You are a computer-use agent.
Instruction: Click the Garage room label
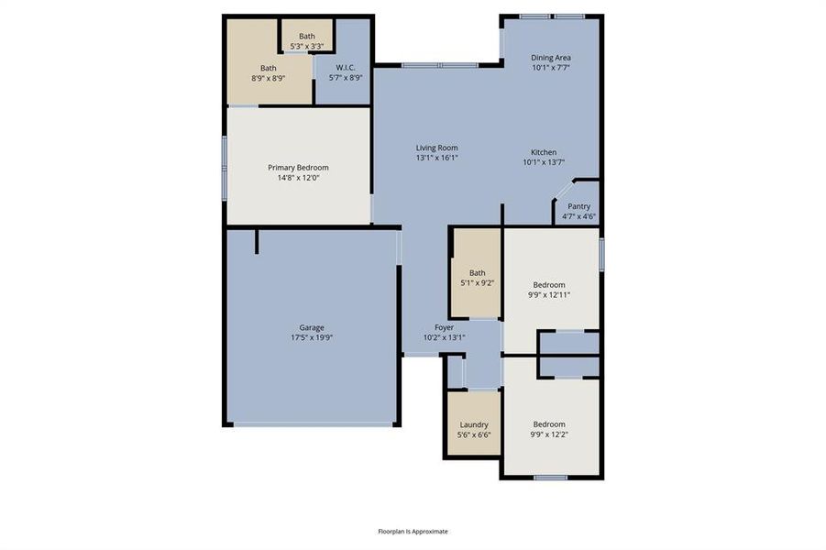coord(312,327)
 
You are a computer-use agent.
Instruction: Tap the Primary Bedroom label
coord(298,168)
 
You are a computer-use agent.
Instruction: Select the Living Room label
coord(436,148)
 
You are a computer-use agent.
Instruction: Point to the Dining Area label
coord(551,58)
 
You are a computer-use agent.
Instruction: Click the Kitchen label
coord(544,152)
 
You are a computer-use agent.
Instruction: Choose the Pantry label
coord(578,206)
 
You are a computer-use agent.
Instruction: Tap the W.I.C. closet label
coord(346,67)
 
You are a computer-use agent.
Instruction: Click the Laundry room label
coord(474,424)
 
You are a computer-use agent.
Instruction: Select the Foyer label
coord(444,327)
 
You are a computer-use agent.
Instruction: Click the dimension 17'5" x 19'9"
coord(312,337)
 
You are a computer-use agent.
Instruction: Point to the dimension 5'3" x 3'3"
coord(306,46)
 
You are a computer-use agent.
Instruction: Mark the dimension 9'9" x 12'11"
coord(549,294)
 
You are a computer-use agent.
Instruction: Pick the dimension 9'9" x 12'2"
coord(549,434)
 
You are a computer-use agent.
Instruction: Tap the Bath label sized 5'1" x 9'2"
coord(477,272)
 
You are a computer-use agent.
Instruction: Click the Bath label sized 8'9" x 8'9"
coord(268,68)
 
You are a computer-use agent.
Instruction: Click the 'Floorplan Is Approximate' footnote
coord(413,531)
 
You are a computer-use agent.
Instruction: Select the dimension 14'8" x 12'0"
coord(298,178)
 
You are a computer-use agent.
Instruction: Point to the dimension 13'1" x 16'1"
coord(436,158)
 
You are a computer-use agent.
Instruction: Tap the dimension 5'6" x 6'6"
coord(474,434)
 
